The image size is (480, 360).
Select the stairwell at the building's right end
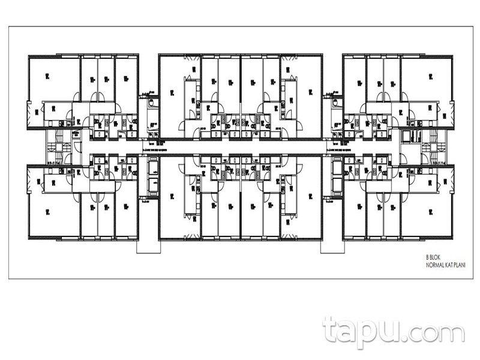[x=429, y=146]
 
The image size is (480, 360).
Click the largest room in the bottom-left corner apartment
[x=53, y=213]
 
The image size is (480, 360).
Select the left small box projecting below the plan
[x=148, y=247]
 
